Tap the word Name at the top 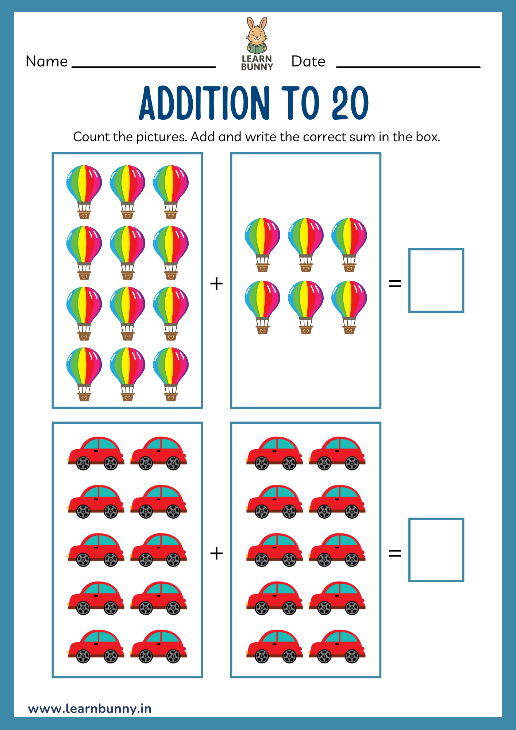coord(47,61)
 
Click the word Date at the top coord(308,61)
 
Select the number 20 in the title coord(350,103)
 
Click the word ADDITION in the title coord(205,103)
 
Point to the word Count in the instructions coord(92,137)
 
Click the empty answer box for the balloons coord(436,280)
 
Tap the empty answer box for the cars coord(436,550)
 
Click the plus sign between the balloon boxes coord(216,284)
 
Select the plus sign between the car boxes coord(216,553)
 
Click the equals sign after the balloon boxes coord(395,284)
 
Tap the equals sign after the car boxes coord(395,553)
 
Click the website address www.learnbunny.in coord(90,708)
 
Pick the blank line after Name coord(144,67)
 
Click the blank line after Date coord(408,67)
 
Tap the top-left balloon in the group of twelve coord(84,192)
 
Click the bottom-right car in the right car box coord(337,646)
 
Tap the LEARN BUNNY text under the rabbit coord(257,63)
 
